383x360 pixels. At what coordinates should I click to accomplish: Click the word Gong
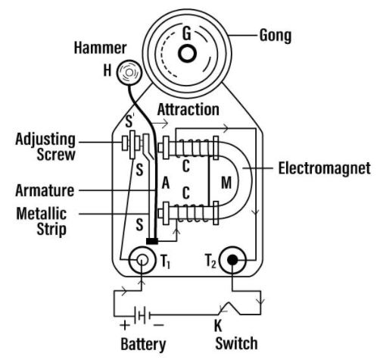coord(276,36)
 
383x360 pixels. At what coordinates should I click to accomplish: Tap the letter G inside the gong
coord(187,33)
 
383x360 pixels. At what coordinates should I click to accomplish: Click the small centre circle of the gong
coord(187,53)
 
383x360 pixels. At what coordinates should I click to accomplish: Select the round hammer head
coord(129,73)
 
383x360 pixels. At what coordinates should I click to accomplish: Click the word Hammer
coord(100,48)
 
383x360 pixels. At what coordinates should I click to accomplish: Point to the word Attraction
coord(188,110)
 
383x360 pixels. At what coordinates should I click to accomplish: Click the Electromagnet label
coord(325,168)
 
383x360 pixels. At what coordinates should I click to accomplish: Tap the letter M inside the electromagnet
coord(226,183)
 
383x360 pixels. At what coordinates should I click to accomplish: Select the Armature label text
coord(45,190)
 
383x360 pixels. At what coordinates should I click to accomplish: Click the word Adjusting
coord(45,139)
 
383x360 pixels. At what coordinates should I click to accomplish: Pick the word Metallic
coord(42,214)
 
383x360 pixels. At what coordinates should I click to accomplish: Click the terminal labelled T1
coord(142,260)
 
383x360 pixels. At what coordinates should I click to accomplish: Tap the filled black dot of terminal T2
coord(232,260)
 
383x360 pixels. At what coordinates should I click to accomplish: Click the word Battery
coord(143,344)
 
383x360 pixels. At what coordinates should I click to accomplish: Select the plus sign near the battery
coord(125,325)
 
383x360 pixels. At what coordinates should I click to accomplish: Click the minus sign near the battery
coord(159,325)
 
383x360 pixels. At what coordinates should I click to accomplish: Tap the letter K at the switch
coord(218,326)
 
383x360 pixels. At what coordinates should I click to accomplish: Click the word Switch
coord(236,343)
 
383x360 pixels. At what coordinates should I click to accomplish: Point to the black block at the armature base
coord(152,241)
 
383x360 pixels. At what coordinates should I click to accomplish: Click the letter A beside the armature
coord(166,183)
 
